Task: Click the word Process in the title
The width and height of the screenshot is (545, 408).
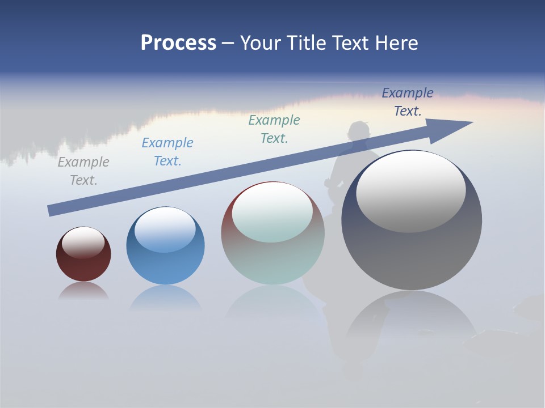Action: [178, 43]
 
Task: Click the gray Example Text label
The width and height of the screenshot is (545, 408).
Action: [83, 171]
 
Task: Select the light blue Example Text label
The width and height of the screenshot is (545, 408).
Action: [167, 152]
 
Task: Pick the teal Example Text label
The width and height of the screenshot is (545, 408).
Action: [274, 129]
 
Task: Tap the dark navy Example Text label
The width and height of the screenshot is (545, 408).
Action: [408, 102]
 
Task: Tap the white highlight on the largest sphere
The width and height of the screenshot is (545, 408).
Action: [410, 192]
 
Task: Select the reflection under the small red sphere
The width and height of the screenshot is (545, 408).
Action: [83, 291]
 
